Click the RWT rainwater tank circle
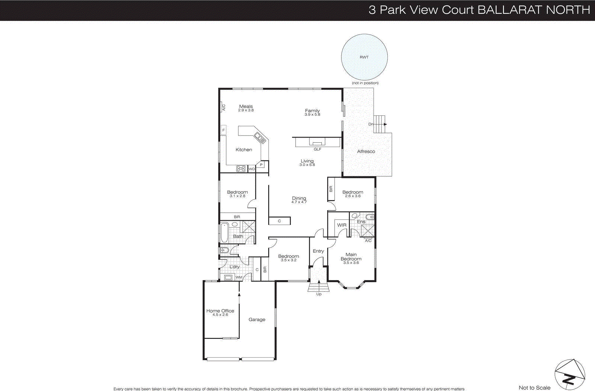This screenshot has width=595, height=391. pyautogui.click(x=364, y=57)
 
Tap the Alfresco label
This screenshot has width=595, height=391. pyautogui.click(x=366, y=151)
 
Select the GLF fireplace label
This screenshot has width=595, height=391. pyautogui.click(x=317, y=149)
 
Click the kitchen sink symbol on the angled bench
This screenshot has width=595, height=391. pyautogui.click(x=260, y=137)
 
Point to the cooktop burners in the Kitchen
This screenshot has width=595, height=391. pyautogui.click(x=241, y=169)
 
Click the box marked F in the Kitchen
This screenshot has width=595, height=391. pyautogui.click(x=223, y=130)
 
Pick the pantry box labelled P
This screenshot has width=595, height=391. pyautogui.click(x=261, y=165)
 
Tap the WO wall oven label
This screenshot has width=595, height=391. pyautogui.click(x=252, y=169)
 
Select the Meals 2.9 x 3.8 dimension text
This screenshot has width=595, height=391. pyautogui.click(x=246, y=110)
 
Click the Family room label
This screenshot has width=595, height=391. pyautogui.click(x=312, y=111)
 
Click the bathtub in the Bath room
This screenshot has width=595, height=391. pyautogui.click(x=224, y=232)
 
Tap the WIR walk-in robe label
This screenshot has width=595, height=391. pyautogui.click(x=342, y=225)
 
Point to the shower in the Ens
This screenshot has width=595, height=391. pyautogui.click(x=368, y=231)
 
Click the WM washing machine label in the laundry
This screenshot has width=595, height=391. pyautogui.click(x=239, y=277)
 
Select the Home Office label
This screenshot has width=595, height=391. pyautogui.click(x=220, y=311)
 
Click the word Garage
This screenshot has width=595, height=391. pyautogui.click(x=257, y=319)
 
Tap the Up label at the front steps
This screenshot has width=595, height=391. pyautogui.click(x=319, y=294)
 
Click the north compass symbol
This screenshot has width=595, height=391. pyautogui.click(x=569, y=375)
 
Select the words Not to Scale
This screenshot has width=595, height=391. pyautogui.click(x=534, y=388)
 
